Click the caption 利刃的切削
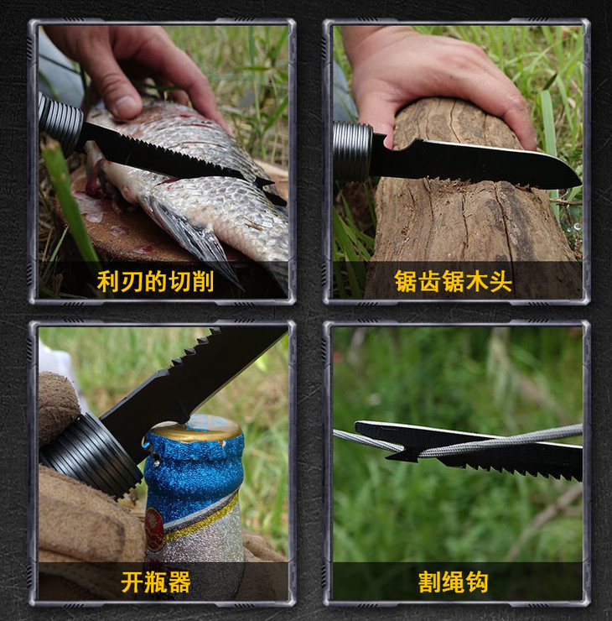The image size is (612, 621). (x=155, y=282)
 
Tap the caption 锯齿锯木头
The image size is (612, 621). (x=453, y=282)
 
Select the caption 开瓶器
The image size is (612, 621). (x=155, y=582)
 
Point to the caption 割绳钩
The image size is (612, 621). (x=453, y=582)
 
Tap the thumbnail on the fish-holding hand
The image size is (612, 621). (x=127, y=106)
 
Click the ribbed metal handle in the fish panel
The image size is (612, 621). (x=60, y=123)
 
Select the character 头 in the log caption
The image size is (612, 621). (x=500, y=282)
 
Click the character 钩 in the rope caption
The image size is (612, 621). (x=477, y=582)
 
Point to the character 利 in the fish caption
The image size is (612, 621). (x=108, y=282)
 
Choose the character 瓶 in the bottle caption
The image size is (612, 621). (x=155, y=582)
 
